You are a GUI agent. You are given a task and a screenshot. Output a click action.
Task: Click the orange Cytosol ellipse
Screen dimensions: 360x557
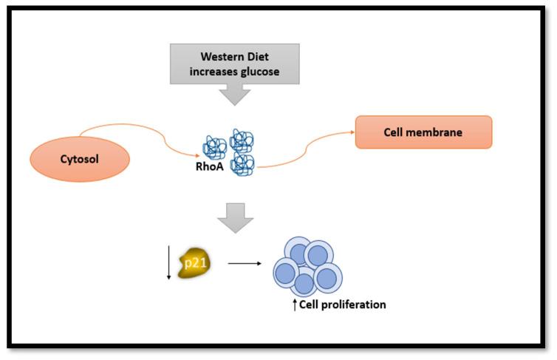point(80,159)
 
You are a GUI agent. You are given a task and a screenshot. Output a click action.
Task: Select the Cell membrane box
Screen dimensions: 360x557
point(423,132)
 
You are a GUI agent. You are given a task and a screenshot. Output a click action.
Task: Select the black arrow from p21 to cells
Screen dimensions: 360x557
point(243,262)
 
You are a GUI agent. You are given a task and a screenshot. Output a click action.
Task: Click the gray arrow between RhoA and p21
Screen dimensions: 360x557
point(235,218)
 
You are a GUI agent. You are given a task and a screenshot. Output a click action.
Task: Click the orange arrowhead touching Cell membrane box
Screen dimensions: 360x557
point(351,133)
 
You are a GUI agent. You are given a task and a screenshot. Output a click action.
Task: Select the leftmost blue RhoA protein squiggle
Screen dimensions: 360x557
point(215,146)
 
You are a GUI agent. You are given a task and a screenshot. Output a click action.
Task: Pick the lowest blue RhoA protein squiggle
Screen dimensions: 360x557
point(243,165)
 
